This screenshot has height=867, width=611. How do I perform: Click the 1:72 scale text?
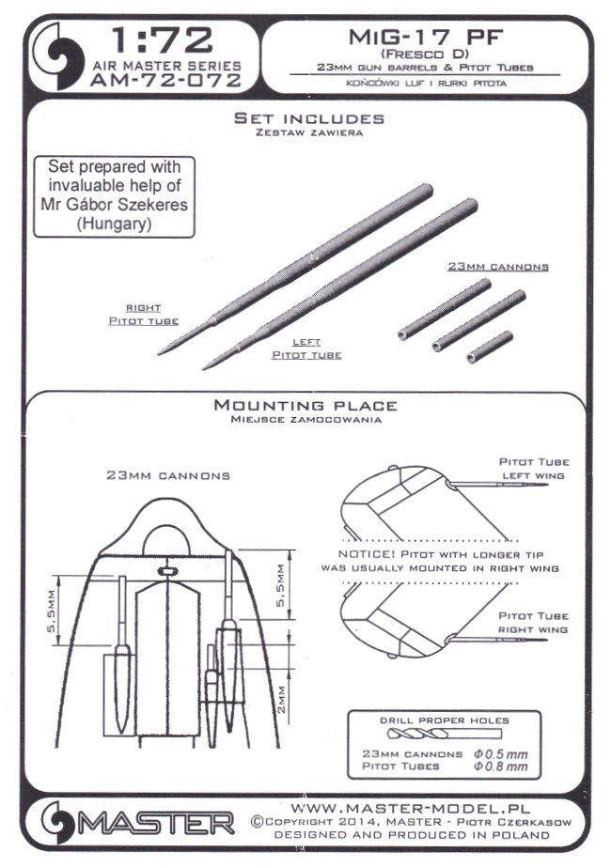click(161, 40)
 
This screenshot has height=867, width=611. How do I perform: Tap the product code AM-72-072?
click(165, 81)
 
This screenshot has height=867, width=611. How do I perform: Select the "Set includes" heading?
click(309, 119)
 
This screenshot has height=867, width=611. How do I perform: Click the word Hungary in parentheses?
click(116, 226)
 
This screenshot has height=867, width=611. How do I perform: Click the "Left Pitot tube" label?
click(306, 348)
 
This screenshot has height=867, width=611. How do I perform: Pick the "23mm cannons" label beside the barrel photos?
click(497, 267)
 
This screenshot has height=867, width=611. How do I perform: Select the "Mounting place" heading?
click(305, 406)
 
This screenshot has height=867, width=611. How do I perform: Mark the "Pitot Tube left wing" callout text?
click(534, 470)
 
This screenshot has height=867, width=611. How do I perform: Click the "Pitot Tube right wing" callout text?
click(534, 622)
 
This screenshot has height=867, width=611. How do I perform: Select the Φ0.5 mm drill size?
click(506, 753)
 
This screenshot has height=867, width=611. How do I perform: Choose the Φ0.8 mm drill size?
click(506, 768)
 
